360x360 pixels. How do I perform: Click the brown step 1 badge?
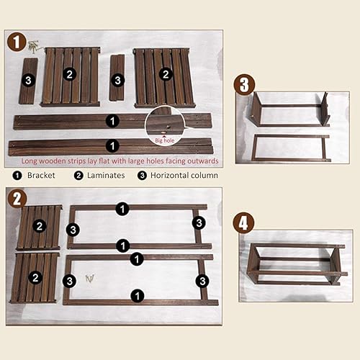click(17, 42)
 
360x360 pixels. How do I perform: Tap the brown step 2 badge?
click(17, 199)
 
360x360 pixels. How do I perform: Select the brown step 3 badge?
click(245, 85)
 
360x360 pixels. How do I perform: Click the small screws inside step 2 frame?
click(90, 278)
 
